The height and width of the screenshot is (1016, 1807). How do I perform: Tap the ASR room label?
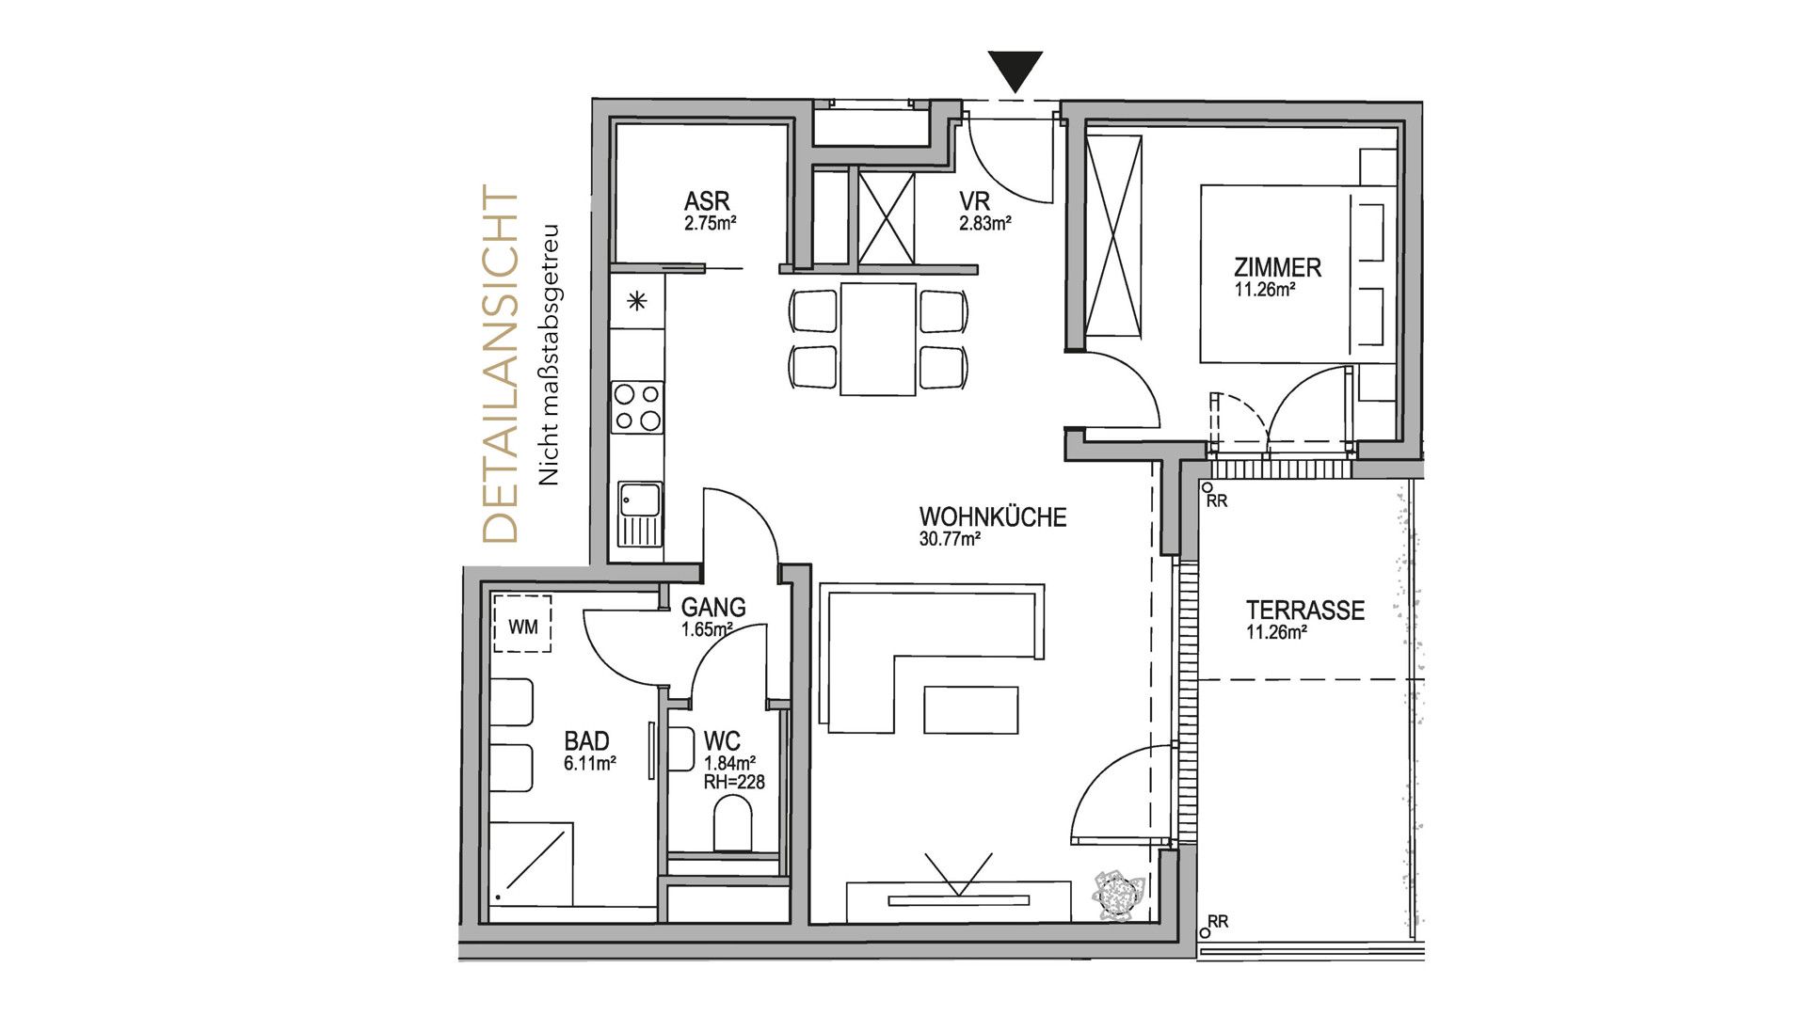click(707, 201)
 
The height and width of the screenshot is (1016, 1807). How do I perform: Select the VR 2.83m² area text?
click(985, 224)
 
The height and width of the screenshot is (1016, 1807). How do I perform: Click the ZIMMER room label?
click(1278, 267)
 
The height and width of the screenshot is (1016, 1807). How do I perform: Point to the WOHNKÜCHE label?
click(993, 516)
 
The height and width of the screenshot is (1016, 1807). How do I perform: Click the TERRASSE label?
click(1305, 611)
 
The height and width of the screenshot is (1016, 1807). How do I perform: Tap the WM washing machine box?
click(522, 625)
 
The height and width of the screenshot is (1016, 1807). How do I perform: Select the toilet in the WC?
click(733, 824)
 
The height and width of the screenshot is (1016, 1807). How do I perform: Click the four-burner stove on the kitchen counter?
click(637, 406)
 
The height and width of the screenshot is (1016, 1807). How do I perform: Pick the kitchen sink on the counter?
click(639, 514)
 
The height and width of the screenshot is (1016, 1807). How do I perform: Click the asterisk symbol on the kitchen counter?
click(638, 302)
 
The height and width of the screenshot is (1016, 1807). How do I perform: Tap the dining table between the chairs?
click(878, 339)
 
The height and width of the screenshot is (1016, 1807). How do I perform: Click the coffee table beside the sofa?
click(971, 710)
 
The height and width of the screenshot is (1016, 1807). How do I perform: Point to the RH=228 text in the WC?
click(734, 781)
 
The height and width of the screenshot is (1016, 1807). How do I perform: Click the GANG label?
click(713, 608)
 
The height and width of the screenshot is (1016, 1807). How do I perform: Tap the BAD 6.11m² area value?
click(590, 764)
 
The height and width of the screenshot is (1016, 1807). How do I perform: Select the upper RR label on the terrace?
click(1217, 501)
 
